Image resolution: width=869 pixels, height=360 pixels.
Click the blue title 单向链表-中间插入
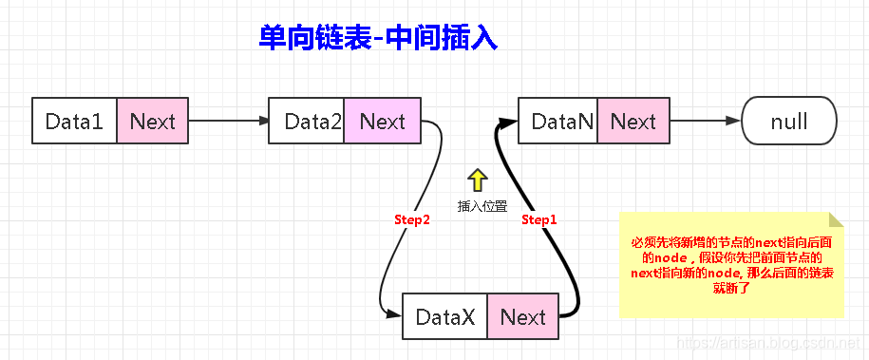(378, 38)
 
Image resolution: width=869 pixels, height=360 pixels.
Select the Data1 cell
(74, 122)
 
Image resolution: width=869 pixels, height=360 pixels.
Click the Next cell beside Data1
(152, 122)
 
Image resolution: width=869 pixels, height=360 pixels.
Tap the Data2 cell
(307, 122)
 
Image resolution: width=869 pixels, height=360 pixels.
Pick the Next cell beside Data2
(382, 122)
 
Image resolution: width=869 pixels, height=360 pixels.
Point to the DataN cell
(559, 122)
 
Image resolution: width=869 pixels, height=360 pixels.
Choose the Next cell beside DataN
(633, 122)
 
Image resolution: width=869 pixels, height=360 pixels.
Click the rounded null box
(788, 122)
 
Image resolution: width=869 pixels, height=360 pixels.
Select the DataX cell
(445, 317)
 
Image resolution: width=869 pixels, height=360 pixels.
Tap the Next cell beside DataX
(522, 317)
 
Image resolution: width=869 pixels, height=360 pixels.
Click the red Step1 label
(539, 219)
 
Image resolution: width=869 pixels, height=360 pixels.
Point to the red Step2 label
(412, 219)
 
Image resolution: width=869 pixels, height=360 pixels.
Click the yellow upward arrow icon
(477, 180)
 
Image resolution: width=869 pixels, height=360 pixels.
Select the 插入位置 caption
(482, 206)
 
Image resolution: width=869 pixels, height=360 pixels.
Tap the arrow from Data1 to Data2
(228, 122)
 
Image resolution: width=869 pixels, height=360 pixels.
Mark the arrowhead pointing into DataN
(510, 122)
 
